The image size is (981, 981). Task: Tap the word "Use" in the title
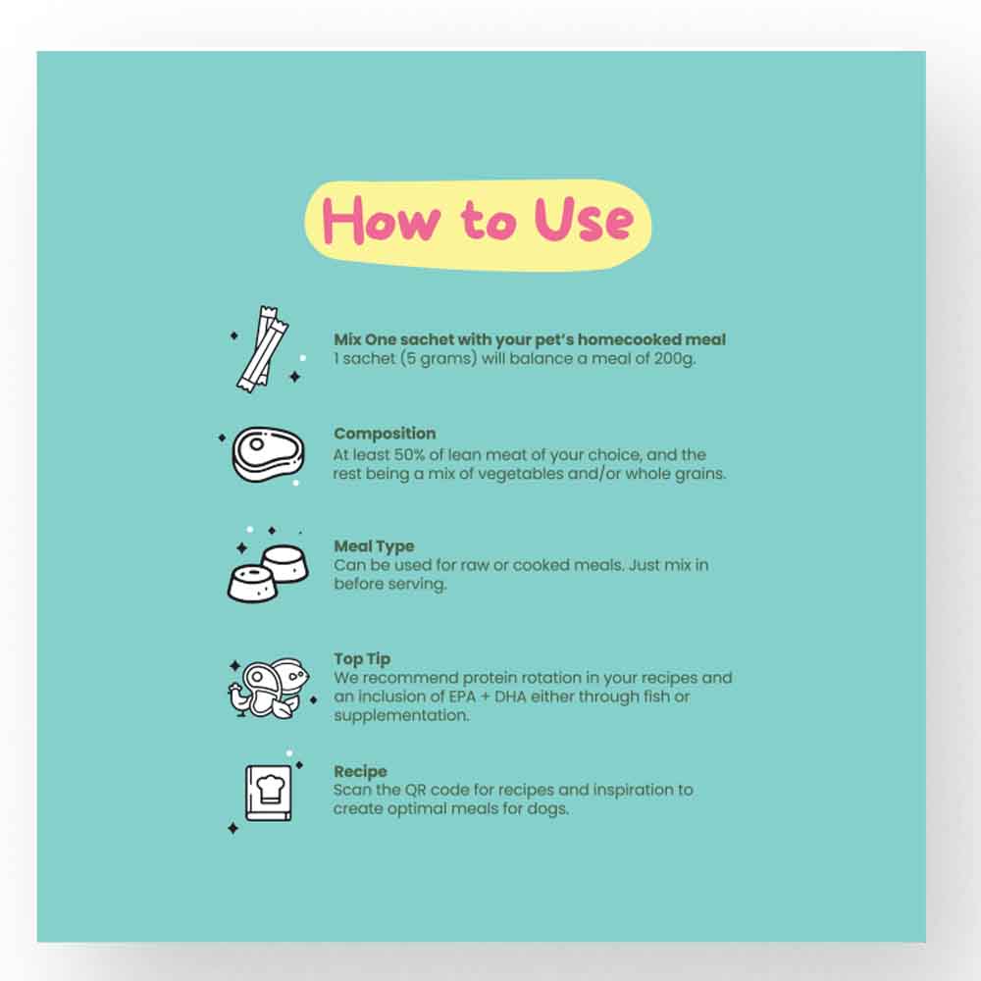tap(584, 219)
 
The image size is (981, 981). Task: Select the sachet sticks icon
tap(262, 349)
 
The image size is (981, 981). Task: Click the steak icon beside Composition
tap(268, 455)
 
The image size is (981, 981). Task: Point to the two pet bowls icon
tap(269, 573)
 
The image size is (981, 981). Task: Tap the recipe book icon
tap(269, 793)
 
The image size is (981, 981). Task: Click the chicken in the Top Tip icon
tap(239, 699)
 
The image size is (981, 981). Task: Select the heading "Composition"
tap(385, 434)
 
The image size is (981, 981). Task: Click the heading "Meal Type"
tap(374, 546)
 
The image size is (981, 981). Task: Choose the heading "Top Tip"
tap(362, 659)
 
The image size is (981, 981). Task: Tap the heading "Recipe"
tap(360, 771)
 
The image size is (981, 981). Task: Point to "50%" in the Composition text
tap(409, 454)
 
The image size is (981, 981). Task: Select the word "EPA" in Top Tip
tap(462, 697)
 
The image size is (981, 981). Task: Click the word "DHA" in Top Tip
tap(510, 697)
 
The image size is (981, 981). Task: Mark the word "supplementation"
tap(401, 716)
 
